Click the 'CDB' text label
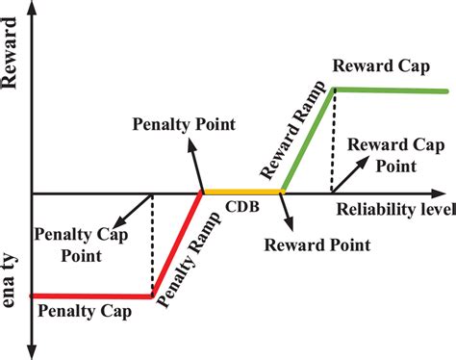point(241,209)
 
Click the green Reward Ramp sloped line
point(308,141)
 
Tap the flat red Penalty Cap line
point(91,296)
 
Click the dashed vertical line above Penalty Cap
point(153,244)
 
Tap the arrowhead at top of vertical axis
point(32,10)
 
